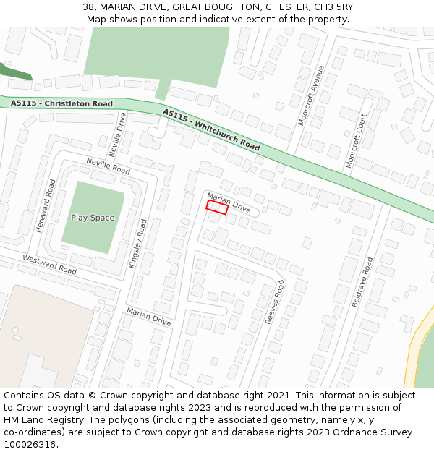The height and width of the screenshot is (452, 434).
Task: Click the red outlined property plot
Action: click(x=217, y=208)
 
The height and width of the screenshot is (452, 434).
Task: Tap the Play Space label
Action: click(x=93, y=218)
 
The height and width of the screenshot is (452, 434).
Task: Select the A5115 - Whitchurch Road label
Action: click(x=211, y=129)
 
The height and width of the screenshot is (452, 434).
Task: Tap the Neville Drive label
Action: click(x=117, y=135)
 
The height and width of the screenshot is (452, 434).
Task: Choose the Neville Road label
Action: click(x=108, y=166)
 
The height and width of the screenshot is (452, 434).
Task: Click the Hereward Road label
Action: click(x=45, y=205)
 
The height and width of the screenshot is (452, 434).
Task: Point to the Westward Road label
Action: click(x=49, y=265)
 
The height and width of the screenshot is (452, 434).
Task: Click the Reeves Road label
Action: click(x=275, y=302)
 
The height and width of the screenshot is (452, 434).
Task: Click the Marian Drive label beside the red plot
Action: click(x=229, y=202)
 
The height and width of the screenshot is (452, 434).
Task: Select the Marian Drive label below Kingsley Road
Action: click(x=148, y=316)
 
